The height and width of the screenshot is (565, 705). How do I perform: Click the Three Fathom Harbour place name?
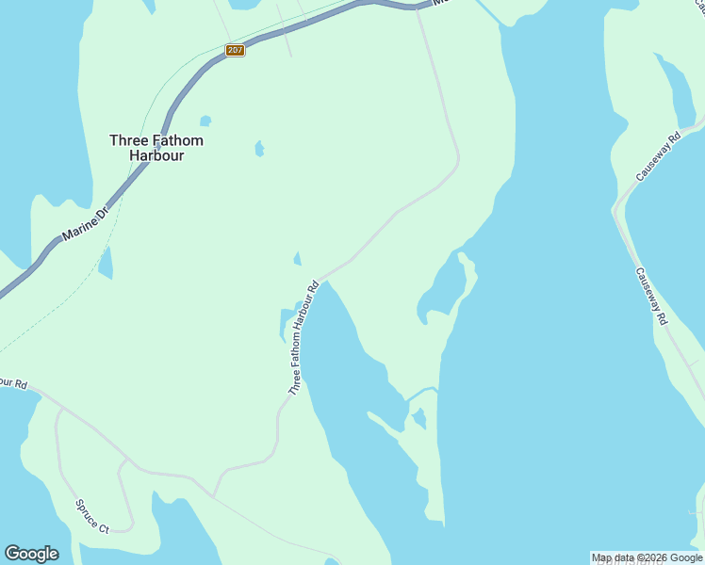click(156, 148)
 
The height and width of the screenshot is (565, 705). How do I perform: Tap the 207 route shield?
click(236, 50)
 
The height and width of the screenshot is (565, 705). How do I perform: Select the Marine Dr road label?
click(86, 224)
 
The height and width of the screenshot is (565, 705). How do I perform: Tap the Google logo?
click(31, 554)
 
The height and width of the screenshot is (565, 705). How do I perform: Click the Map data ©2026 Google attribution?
click(647, 557)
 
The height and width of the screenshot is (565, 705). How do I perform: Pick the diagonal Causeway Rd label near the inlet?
click(657, 157)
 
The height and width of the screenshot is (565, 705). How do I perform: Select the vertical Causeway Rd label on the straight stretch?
click(650, 296)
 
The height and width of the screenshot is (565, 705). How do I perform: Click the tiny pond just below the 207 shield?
click(205, 121)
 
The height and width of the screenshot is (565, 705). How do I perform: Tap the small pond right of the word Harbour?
click(259, 149)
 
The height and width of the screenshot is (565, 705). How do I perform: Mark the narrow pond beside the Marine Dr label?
click(106, 263)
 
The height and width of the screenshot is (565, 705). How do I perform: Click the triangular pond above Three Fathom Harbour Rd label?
click(298, 259)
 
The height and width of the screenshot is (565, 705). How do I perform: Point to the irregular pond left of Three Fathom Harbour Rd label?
click(287, 323)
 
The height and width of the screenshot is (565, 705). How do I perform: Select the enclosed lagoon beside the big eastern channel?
click(444, 293)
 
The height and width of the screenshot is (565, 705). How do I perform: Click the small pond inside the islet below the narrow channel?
click(419, 418)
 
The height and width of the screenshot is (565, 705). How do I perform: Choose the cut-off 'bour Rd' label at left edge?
click(13, 383)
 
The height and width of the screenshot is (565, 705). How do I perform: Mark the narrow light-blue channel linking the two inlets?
click(422, 392)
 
